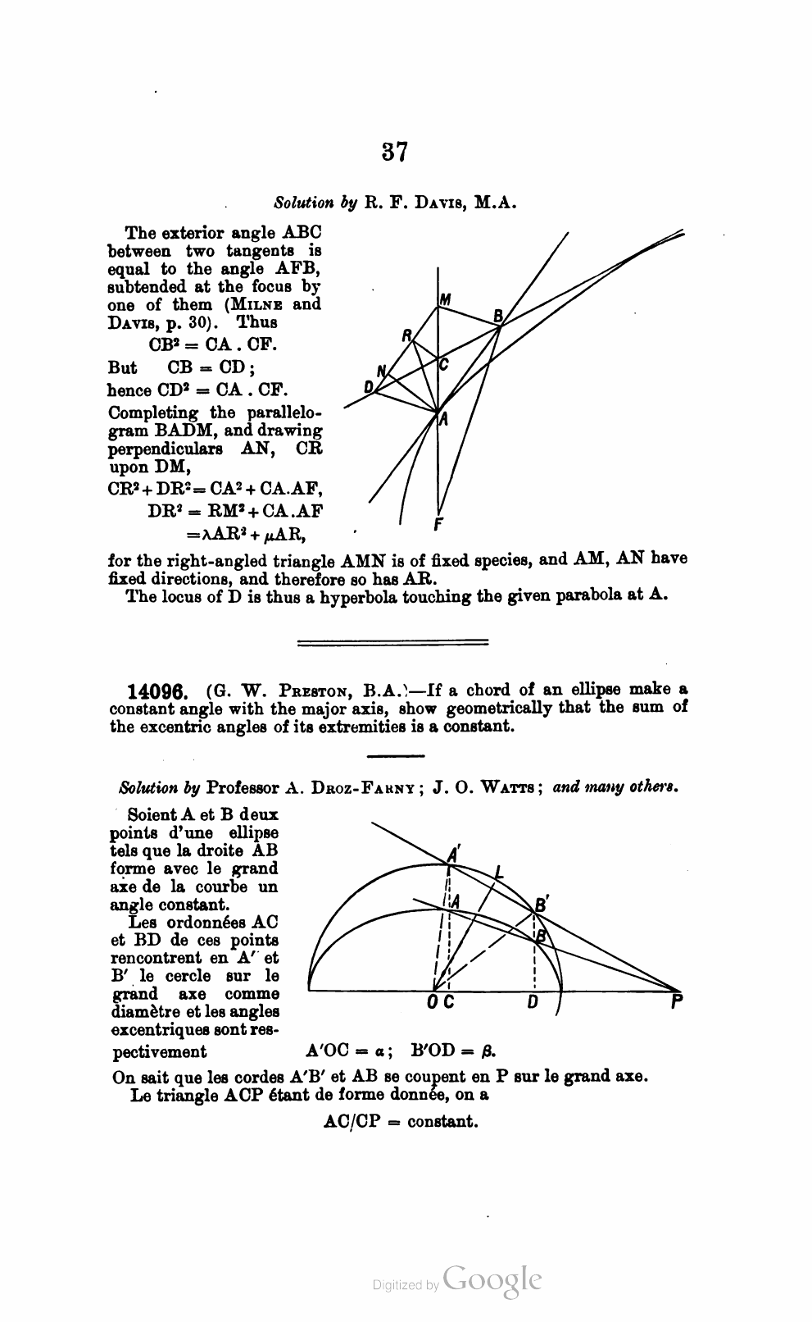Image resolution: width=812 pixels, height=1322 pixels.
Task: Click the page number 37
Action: [394, 153]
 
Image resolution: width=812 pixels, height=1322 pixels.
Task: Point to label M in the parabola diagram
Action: [445, 300]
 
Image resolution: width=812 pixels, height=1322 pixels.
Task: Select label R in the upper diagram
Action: [407, 335]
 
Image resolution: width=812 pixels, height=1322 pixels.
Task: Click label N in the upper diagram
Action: [381, 369]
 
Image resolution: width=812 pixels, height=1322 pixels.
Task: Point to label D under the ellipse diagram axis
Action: [533, 1002]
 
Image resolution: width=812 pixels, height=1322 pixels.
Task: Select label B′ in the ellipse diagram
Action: [541, 905]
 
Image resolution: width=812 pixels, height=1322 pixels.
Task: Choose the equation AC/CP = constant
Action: [401, 1121]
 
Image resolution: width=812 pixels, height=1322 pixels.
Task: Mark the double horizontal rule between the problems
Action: [392, 642]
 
